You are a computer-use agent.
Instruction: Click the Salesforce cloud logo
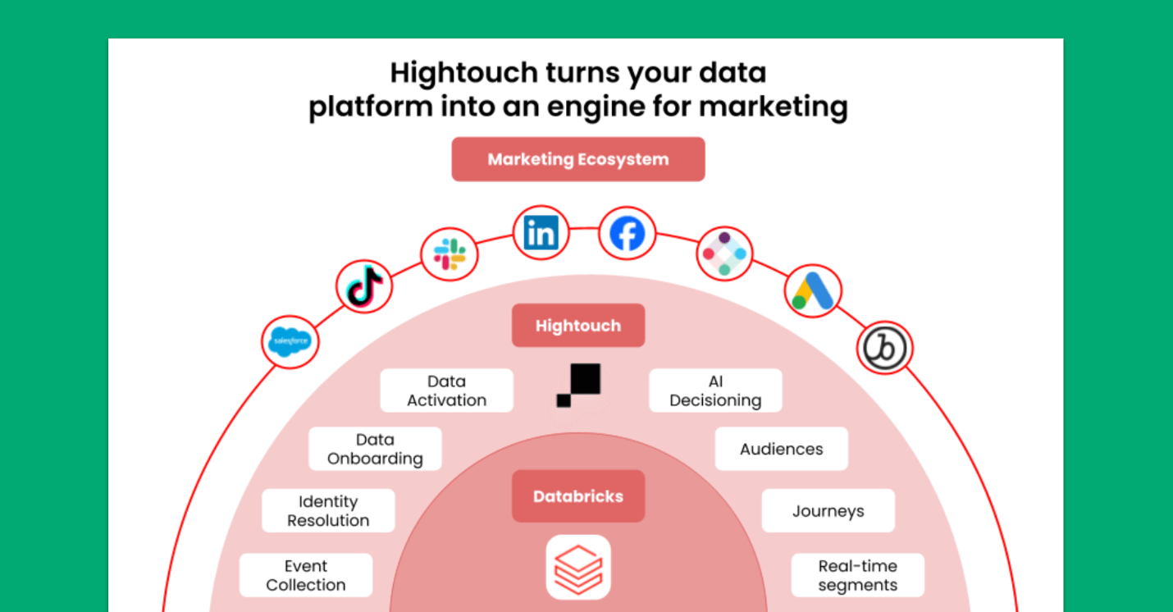coord(290,340)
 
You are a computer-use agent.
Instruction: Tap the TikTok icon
coord(364,286)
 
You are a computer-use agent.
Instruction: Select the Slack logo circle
coord(450,254)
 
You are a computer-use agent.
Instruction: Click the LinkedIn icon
coord(541,233)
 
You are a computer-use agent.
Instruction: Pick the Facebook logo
coord(628,234)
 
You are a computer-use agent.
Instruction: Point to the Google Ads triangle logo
coord(813,290)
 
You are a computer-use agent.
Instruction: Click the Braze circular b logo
coord(885,348)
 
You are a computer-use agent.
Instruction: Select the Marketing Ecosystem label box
coord(578,159)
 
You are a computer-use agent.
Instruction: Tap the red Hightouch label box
coord(578,326)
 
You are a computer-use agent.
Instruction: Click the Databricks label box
coord(578,496)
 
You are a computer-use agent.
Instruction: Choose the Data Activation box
coord(446,390)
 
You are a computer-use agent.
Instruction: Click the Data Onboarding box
coord(375,449)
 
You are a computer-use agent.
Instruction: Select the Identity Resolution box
coord(328,510)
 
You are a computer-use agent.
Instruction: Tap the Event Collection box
coord(306,575)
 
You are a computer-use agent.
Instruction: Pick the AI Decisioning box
coord(715,390)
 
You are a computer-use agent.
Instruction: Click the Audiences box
coord(781,449)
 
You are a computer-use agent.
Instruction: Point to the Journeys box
coord(828,511)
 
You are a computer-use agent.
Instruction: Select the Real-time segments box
coord(857,575)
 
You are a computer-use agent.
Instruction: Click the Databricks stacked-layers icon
coord(578,567)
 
